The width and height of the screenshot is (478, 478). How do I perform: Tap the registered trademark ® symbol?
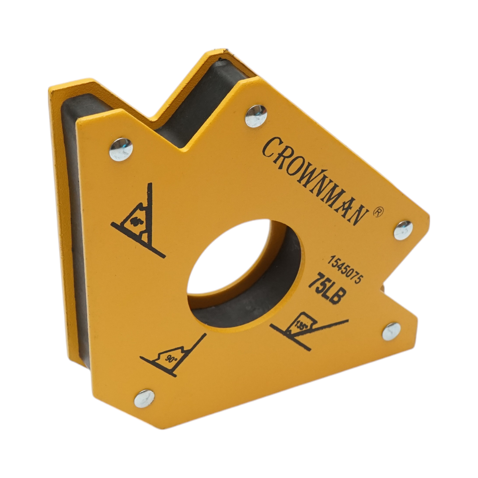click(x=378, y=212)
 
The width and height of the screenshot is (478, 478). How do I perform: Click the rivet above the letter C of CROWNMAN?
click(x=255, y=116)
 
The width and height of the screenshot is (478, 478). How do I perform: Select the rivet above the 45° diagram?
click(x=121, y=149)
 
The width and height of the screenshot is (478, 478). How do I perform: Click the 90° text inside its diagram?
click(x=171, y=358)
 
